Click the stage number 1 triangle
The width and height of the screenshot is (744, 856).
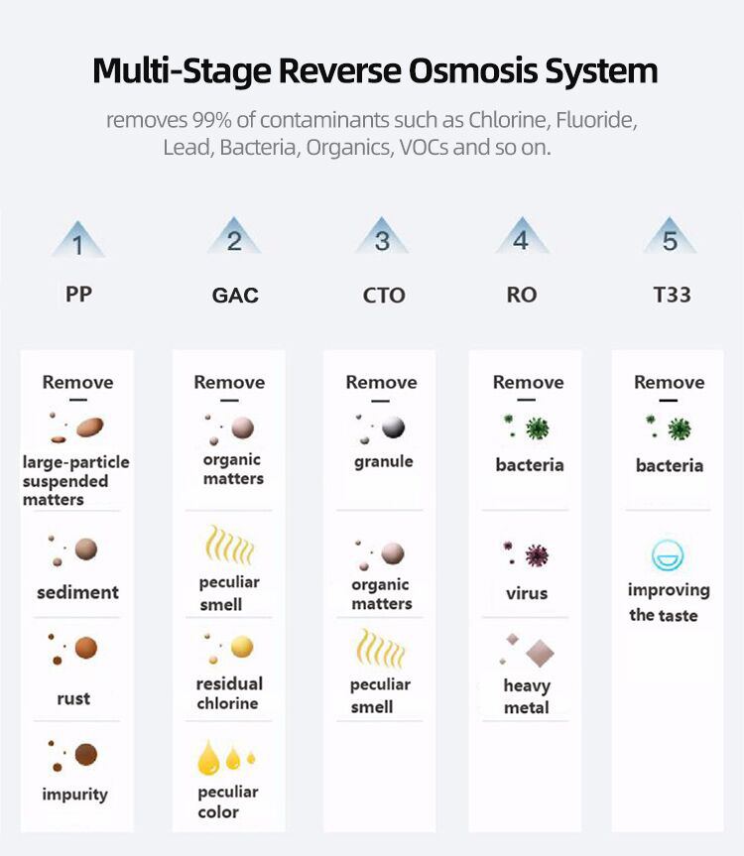click(x=77, y=241)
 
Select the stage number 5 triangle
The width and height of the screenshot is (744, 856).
click(x=670, y=239)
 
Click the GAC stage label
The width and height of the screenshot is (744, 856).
click(x=235, y=296)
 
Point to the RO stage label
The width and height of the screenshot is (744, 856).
click(x=522, y=295)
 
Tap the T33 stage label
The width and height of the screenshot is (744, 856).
click(x=672, y=295)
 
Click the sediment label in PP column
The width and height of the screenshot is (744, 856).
click(x=77, y=592)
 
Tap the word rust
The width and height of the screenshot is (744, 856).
click(x=73, y=698)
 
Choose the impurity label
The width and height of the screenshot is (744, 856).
click(x=74, y=794)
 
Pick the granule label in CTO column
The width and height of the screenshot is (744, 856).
click(x=383, y=461)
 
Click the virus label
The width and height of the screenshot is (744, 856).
click(x=526, y=593)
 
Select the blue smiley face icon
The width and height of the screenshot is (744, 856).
click(x=669, y=556)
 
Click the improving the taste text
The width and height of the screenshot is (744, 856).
click(x=669, y=602)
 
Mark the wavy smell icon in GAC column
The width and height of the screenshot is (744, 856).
click(x=229, y=545)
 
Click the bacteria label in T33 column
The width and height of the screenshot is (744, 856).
click(x=669, y=465)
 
